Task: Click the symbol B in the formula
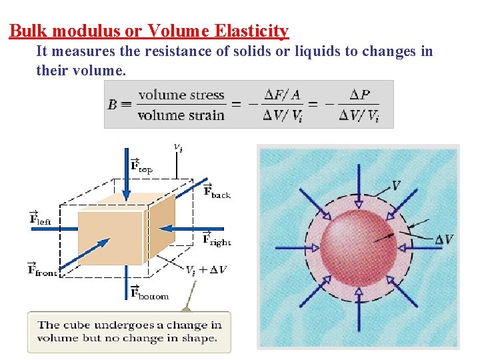pyautogui.click(x=113, y=105)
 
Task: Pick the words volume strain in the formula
pyautogui.click(x=181, y=115)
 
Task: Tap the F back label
pyautogui.click(x=216, y=191)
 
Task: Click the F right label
pyautogui.click(x=216, y=239)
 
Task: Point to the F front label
pyautogui.click(x=41, y=269)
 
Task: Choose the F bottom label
pyautogui.click(x=148, y=293)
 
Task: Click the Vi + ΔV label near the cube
pyautogui.click(x=206, y=270)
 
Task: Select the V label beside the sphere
pyautogui.click(x=396, y=186)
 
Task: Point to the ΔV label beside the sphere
pyautogui.click(x=443, y=239)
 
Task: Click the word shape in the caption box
pyautogui.click(x=199, y=339)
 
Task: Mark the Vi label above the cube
pyautogui.click(x=178, y=147)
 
